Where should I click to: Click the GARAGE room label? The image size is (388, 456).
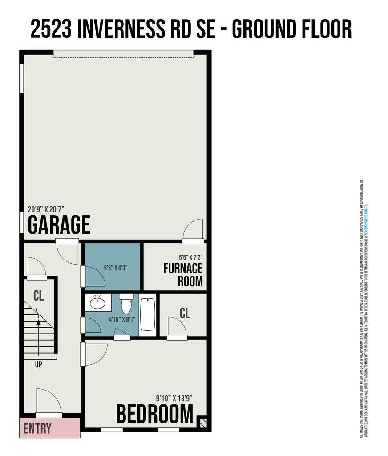[59, 225]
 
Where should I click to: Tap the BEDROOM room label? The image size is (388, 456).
[155, 414]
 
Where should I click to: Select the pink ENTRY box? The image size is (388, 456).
[49, 428]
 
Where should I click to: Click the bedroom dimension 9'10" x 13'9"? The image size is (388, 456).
[174, 398]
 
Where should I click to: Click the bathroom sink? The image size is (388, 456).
[98, 303]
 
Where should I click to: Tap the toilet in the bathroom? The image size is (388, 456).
[126, 304]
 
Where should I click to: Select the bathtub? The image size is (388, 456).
[147, 314]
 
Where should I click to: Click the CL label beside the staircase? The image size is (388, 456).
[39, 296]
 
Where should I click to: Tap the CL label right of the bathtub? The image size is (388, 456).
[185, 313]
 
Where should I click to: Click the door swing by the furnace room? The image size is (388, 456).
[194, 229]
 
